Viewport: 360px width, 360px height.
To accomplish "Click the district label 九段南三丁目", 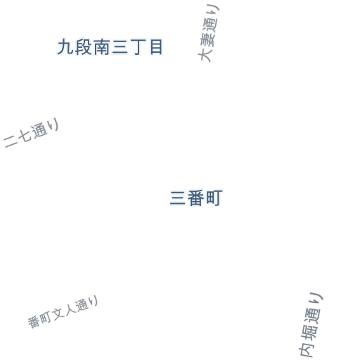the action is [x=110, y=47].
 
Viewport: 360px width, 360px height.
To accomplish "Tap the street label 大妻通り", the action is [x=209, y=33].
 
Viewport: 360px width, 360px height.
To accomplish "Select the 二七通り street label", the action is [x=31, y=133].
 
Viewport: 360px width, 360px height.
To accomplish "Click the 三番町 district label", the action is [x=196, y=198].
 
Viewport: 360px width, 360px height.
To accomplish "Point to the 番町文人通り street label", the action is [x=63, y=311].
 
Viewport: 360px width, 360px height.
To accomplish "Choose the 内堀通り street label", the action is [x=311, y=325].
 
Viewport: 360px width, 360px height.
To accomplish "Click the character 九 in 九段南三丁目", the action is [x=65, y=47].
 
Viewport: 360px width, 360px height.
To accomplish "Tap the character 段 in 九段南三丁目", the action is [x=83, y=47].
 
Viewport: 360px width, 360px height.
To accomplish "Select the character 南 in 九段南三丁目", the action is [x=101, y=47].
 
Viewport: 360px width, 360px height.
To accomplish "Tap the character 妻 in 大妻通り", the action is [x=207, y=39].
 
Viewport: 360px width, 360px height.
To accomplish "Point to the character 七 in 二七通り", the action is [x=23, y=136].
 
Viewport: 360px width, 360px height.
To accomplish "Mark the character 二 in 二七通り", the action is [x=11, y=141].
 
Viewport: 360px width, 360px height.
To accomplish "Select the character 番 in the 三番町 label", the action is [x=196, y=198].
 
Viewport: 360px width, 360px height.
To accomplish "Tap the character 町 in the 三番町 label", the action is [x=214, y=198].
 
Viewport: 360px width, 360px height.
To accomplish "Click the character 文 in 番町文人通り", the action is [x=58, y=314].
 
